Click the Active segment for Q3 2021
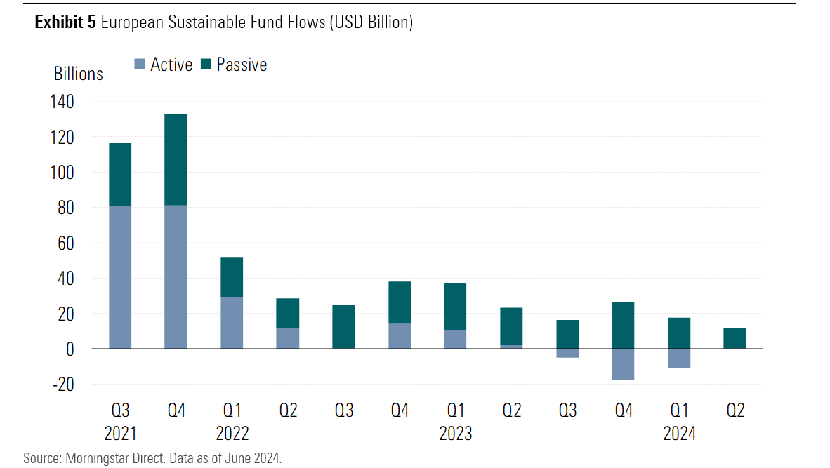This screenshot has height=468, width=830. coord(120,277)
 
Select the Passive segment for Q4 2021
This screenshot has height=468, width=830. coord(176,159)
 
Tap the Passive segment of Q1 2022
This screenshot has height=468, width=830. coord(232,277)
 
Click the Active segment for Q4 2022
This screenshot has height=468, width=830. coord(400,336)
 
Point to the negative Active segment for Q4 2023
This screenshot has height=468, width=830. coord(624,364)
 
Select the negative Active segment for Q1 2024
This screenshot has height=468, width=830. coord(679,358)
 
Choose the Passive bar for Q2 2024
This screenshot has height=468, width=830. coord(735,338)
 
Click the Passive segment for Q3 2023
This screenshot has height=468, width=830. coord(567,334)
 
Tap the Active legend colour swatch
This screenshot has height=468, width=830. coord(140,65)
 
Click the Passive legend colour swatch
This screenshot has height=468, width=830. coord(206,65)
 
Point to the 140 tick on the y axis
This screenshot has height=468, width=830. coord(62,102)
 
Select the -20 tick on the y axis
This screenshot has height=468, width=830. coord(62,385)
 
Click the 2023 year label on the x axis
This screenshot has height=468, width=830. coord(456,434)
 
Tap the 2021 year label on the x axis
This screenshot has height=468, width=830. coord(120,434)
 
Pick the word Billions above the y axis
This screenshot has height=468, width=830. coord(78,74)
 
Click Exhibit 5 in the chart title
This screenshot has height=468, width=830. coord(65,22)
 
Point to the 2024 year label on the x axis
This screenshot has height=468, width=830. coord(679,434)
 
